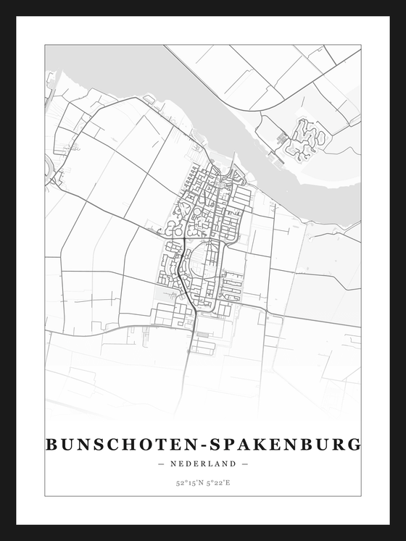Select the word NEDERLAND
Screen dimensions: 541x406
pos(202,464)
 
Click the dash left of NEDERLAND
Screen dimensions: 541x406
pos(160,464)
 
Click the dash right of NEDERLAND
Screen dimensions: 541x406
pos(245,464)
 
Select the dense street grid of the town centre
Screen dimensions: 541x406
pos(207,217)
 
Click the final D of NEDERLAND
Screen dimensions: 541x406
pos(233,464)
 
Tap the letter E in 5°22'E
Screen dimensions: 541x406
pos(229,482)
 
